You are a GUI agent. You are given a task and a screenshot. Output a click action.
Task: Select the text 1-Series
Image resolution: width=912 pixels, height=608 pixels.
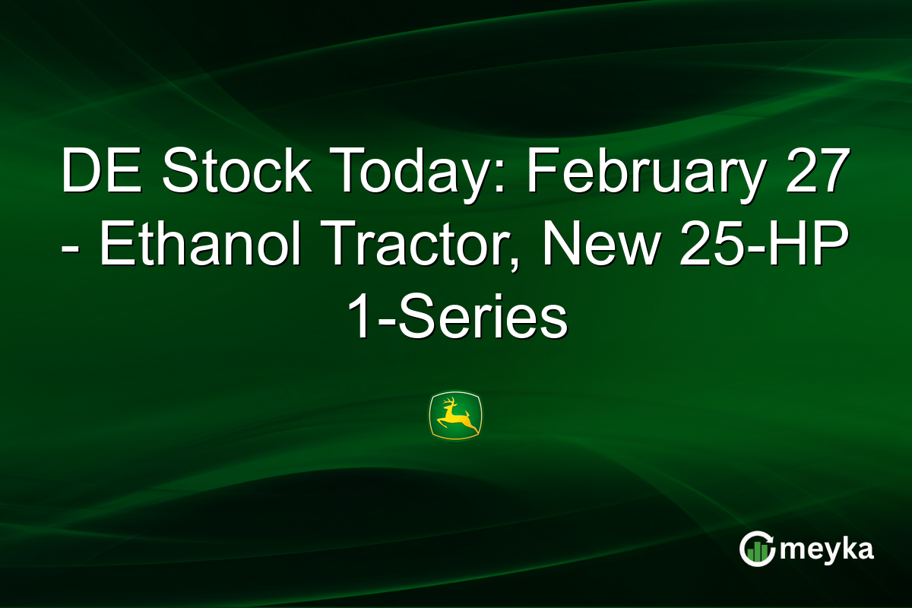pyautogui.click(x=456, y=319)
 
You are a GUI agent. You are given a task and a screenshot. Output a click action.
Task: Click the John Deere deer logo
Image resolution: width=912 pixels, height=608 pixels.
pyautogui.click(x=456, y=416)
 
